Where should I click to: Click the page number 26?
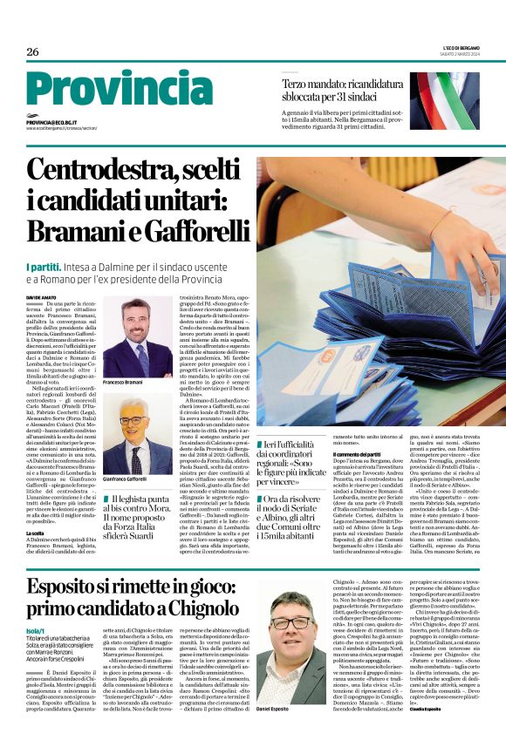[32, 51]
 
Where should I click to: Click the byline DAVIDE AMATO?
[43, 297]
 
